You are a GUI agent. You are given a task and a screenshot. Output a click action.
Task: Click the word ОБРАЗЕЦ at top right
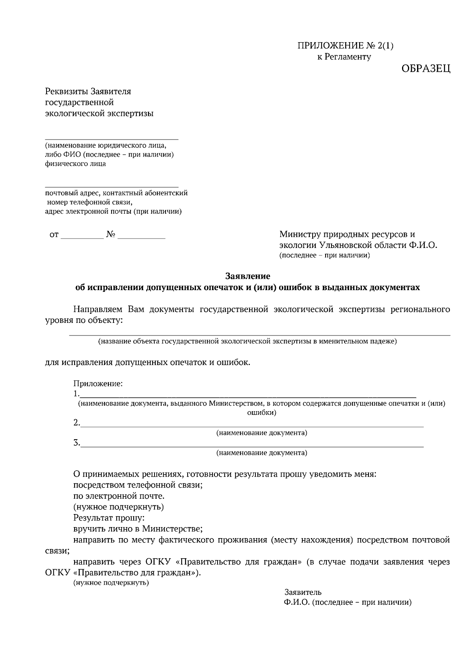tap(426, 69)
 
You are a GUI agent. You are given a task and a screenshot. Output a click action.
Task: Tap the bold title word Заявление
tap(248, 276)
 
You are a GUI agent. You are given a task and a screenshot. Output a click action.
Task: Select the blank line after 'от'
tap(82, 238)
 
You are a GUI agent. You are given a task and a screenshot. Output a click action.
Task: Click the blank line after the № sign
tap(142, 238)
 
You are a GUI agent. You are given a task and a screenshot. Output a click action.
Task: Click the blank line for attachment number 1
tap(248, 397)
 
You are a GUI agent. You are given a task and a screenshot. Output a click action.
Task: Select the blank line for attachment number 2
tap(252, 426)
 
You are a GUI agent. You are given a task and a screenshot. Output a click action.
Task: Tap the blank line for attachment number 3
tap(252, 446)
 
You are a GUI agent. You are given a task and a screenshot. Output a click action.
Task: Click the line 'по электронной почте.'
tap(119, 496)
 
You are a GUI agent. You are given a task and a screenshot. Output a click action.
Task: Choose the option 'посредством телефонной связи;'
tap(138, 485)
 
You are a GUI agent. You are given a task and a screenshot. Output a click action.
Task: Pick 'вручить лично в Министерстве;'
tap(138, 529)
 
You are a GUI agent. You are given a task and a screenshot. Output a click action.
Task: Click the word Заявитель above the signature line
tap(303, 592)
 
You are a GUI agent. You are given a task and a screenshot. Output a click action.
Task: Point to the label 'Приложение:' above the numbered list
tap(98, 384)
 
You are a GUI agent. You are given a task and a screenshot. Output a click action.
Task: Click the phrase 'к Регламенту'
tap(344, 57)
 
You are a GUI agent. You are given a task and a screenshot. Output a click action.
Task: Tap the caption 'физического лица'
tap(75, 164)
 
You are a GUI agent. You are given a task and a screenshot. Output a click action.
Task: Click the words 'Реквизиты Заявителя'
tap(88, 91)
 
